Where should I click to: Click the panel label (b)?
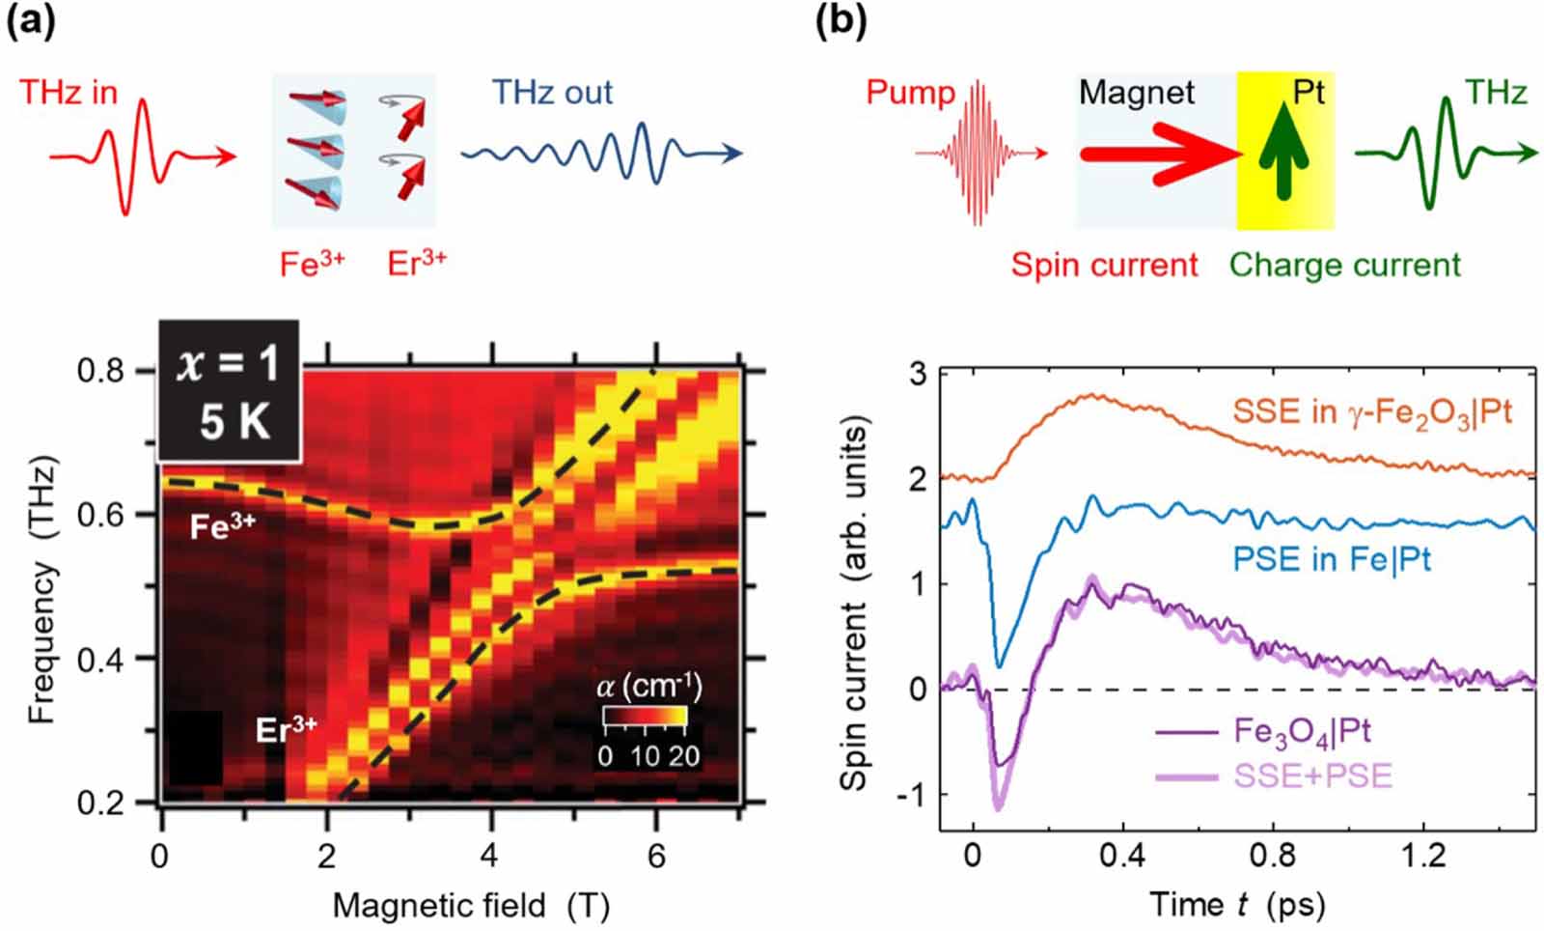click(x=841, y=21)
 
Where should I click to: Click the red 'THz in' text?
click(x=69, y=93)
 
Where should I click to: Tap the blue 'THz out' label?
click(x=552, y=93)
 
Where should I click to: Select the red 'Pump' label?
click(x=910, y=93)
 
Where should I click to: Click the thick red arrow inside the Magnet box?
click(x=1158, y=153)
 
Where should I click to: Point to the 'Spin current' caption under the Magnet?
click(x=1104, y=265)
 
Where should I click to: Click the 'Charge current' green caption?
click(x=1345, y=265)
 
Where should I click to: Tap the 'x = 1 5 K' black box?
click(x=230, y=391)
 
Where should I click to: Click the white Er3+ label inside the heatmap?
click(x=286, y=729)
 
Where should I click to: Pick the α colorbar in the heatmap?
click(x=645, y=716)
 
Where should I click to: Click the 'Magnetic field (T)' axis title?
click(x=471, y=906)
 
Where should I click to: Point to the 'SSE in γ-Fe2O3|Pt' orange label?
click(x=1371, y=413)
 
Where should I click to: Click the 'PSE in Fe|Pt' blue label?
click(x=1331, y=560)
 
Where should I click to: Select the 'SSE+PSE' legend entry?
click(x=1312, y=776)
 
